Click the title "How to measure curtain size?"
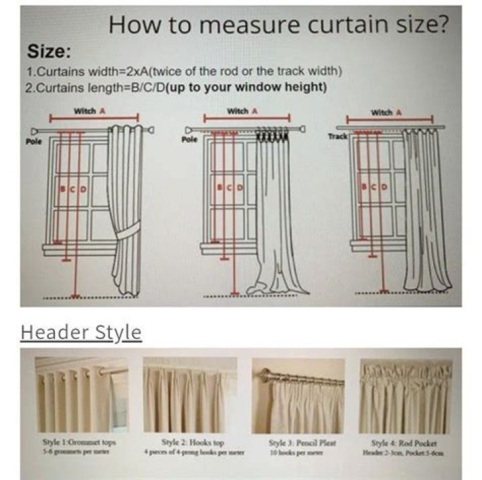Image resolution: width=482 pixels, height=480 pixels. (x=278, y=25)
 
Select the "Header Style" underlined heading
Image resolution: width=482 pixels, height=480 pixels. (x=81, y=332)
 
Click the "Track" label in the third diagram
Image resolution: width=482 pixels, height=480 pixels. (x=337, y=136)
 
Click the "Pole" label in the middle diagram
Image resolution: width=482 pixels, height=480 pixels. (x=189, y=140)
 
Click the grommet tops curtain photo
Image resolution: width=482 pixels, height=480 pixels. (x=81, y=395)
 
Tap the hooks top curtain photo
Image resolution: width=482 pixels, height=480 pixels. (x=189, y=395)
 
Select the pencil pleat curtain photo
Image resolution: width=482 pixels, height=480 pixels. (x=299, y=395)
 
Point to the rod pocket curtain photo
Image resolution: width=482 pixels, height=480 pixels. (x=406, y=395)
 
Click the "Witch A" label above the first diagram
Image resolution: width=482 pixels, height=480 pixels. (x=90, y=112)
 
